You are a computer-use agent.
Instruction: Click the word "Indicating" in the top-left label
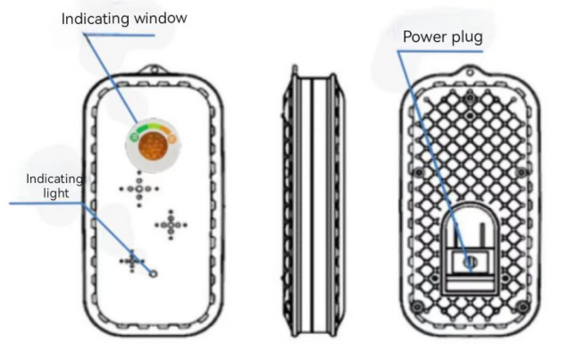tap(97, 18)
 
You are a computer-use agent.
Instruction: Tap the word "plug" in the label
tap(466, 38)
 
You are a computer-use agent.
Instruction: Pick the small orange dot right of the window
tap(171, 138)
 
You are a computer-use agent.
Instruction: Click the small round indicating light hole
tap(153, 274)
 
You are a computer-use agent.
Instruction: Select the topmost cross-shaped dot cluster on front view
tap(138, 189)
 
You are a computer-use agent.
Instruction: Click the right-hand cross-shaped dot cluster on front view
tap(171, 225)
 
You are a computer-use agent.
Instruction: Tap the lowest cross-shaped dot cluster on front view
tap(133, 260)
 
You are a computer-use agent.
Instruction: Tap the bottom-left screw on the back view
tap(414, 307)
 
